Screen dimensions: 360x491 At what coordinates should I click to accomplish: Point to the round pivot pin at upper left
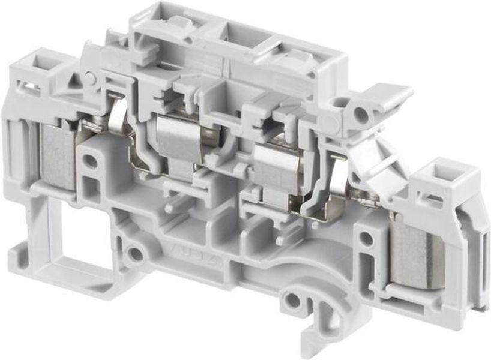(90, 78)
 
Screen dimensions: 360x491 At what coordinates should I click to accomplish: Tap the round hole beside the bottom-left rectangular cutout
(136, 254)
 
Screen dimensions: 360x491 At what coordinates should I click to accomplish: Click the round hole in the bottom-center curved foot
(292, 301)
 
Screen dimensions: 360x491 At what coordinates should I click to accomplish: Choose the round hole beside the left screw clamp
(89, 161)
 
